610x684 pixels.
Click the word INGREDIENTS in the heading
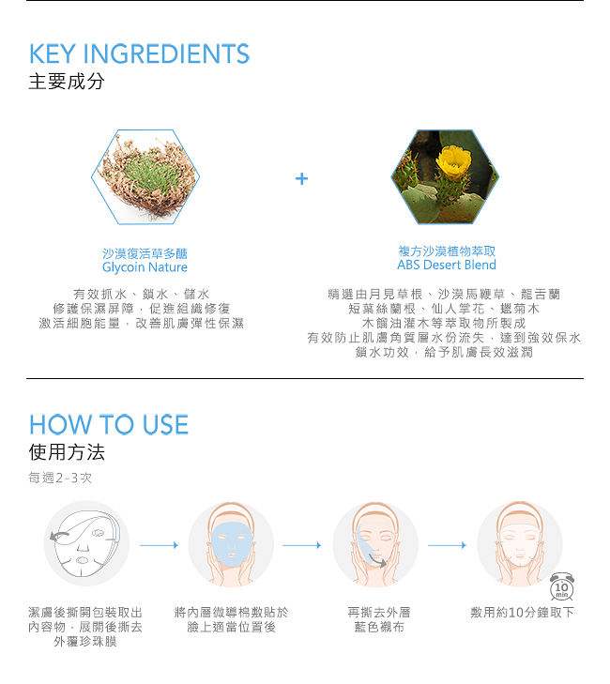coord(166,53)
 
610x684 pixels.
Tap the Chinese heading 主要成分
coord(67,82)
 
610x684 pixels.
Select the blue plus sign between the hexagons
coord(301,178)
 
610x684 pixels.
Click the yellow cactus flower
coord(454,160)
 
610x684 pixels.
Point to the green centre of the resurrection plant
coord(151,178)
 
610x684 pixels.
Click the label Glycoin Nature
coord(145,267)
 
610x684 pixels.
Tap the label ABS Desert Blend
coord(447,265)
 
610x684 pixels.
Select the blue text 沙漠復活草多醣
coord(145,253)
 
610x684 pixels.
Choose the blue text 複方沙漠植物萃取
coord(447,251)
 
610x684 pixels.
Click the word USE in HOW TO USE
coord(165,424)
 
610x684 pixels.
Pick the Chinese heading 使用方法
coord(67,452)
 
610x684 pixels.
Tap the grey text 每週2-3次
coord(60,478)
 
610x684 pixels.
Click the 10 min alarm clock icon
coord(561,586)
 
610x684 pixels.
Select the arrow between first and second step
coord(159,545)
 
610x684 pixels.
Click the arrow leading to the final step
coord(447,545)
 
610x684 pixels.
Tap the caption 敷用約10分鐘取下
coord(523,612)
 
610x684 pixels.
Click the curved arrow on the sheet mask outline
coord(59,536)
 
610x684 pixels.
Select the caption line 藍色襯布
coord(379,627)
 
